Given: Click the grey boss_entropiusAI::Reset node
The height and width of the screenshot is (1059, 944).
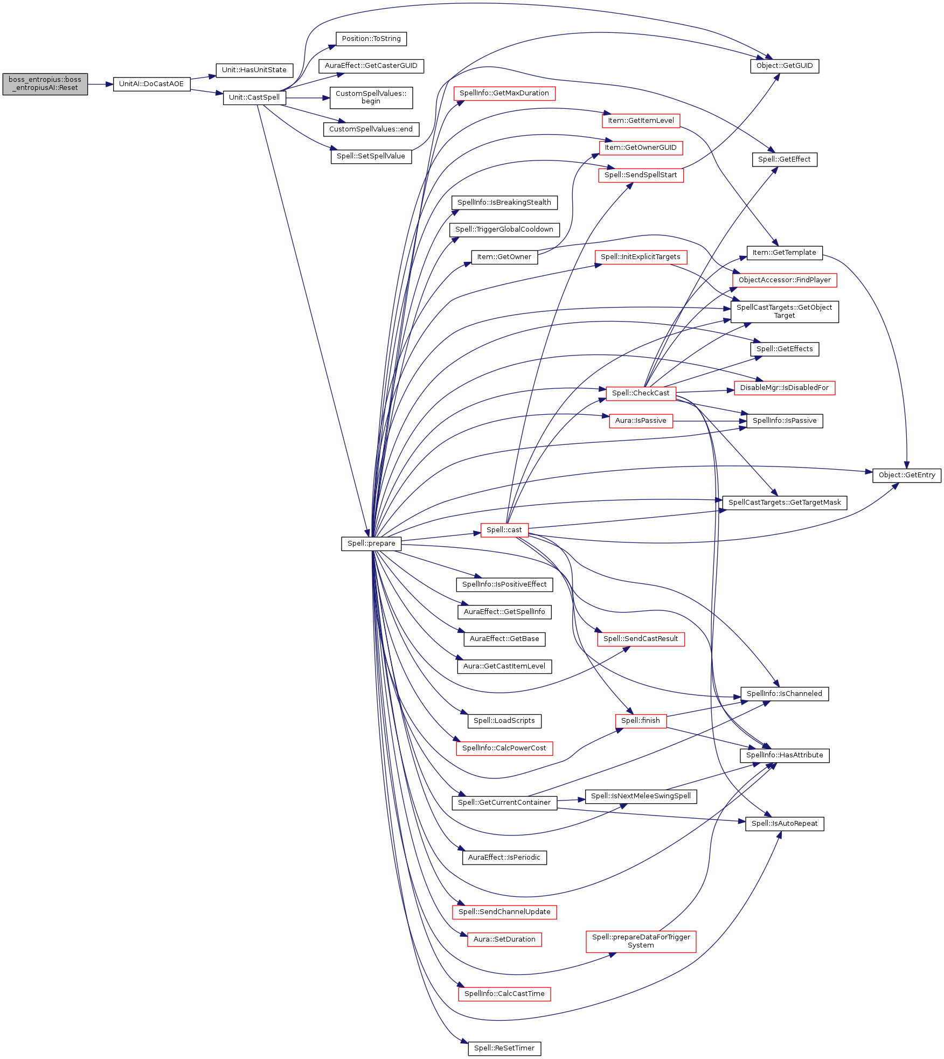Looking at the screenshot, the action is point(45,84).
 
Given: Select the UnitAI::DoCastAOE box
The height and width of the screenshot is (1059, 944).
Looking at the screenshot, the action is point(151,84).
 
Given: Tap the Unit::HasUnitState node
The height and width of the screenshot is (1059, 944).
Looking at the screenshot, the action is point(254,70).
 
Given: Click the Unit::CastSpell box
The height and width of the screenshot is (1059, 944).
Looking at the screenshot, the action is point(254,97).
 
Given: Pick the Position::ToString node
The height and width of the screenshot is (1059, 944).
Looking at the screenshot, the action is point(371,39).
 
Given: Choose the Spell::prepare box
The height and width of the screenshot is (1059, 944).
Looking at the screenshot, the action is point(371,544).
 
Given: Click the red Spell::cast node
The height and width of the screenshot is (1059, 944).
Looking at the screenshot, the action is point(504,530).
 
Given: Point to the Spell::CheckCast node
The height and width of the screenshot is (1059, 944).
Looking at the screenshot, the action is point(641,393).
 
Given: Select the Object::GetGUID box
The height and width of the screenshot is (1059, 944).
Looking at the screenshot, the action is point(785,66).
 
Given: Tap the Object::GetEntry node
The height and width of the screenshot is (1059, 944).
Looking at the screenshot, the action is point(907,475).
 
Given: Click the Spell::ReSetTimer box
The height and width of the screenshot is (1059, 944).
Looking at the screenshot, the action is point(504,1048).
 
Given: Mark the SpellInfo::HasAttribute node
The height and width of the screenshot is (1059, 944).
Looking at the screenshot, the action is point(785,755).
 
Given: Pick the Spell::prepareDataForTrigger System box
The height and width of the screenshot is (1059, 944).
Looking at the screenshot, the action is point(641,941).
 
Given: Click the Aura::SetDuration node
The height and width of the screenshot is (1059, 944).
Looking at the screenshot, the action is point(504,939).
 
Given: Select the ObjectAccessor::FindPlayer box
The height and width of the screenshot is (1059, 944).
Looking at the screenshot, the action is point(785,280).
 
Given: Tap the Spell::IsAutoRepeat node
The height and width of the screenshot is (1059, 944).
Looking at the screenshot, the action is point(785,824).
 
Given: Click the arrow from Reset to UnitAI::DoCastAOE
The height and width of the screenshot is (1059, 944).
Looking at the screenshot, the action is point(101,84).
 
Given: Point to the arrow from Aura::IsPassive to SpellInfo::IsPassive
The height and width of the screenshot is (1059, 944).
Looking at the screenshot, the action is point(710,421).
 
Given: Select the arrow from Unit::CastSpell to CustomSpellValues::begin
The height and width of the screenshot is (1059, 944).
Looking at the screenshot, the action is point(308,98).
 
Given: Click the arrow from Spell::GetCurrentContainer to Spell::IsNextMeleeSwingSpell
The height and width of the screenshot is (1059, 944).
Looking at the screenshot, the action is point(571,800).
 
